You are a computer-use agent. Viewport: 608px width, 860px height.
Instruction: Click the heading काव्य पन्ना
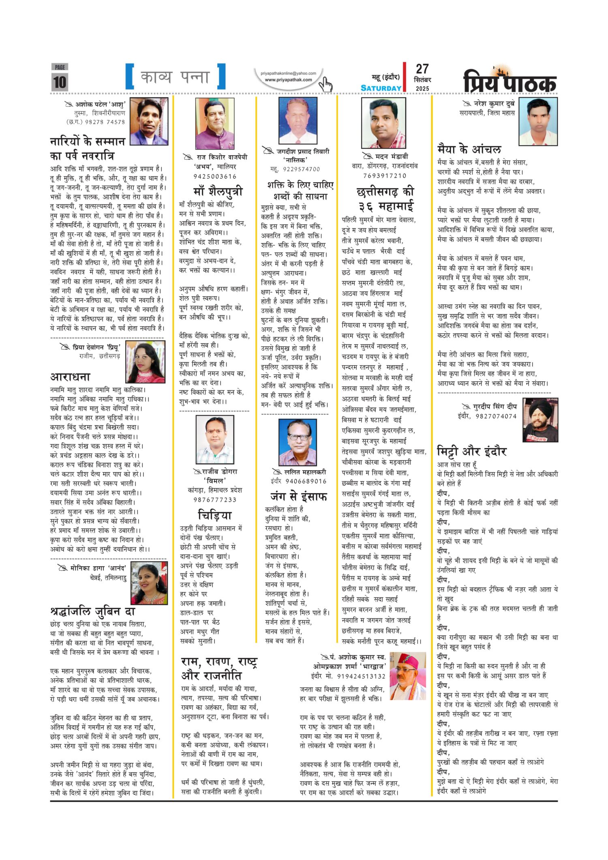click(x=175, y=77)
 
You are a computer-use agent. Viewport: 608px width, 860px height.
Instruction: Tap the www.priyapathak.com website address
click(x=288, y=80)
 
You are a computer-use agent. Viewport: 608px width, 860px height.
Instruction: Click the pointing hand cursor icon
click(x=325, y=85)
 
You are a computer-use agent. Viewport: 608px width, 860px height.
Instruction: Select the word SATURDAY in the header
click(x=381, y=88)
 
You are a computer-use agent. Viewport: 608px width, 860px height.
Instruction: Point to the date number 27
click(x=422, y=69)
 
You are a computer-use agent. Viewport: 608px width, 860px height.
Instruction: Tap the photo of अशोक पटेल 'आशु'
click(x=149, y=121)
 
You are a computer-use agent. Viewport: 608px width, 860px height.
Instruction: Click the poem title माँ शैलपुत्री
click(x=218, y=190)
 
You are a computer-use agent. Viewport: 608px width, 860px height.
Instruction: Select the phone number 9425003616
click(x=215, y=176)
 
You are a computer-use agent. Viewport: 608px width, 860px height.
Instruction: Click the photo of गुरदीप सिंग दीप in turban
click(x=540, y=420)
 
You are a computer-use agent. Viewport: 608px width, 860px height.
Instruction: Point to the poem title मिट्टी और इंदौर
click(x=471, y=451)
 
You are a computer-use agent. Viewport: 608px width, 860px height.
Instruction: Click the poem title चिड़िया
click(x=215, y=515)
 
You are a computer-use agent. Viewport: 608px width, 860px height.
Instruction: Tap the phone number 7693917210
click(x=385, y=175)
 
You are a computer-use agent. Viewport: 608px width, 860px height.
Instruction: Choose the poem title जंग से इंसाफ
click(x=299, y=496)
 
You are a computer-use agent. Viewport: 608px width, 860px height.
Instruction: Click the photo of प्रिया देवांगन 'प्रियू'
click(x=146, y=362)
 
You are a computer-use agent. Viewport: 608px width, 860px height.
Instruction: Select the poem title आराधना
click(x=70, y=377)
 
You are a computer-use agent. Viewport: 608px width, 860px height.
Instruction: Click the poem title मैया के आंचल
click(x=469, y=149)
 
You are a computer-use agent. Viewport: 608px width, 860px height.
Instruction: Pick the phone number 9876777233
click(x=215, y=500)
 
